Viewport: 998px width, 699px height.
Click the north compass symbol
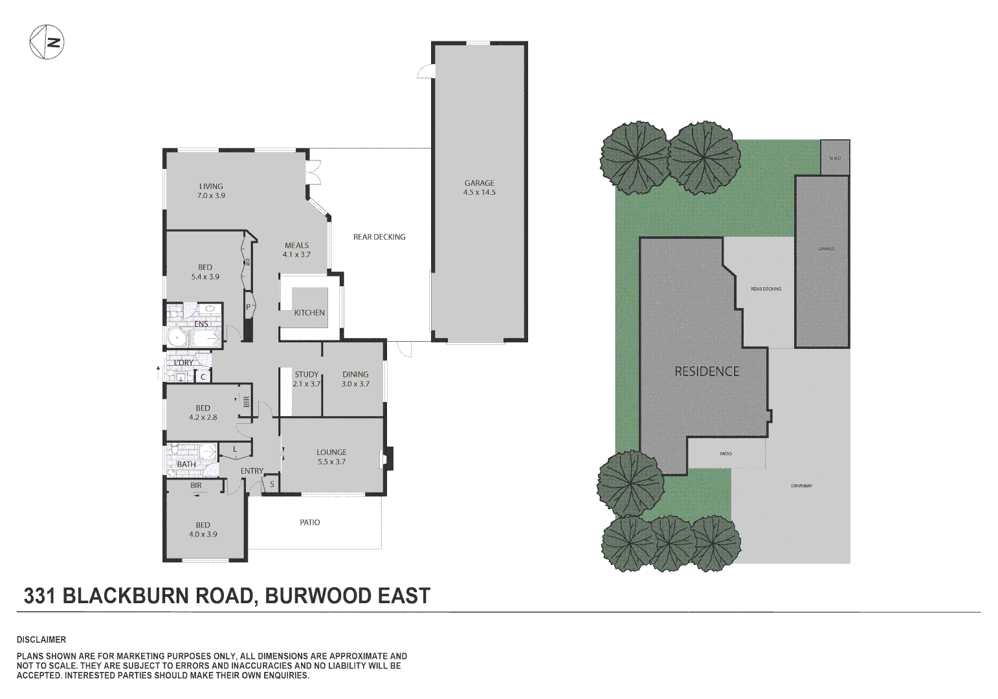47,42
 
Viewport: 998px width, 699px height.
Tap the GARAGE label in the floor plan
479,188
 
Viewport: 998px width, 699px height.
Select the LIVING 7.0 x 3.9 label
211,191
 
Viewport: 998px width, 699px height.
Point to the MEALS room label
296,250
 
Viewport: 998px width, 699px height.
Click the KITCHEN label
309,313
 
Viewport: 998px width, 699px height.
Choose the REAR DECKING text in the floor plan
379,237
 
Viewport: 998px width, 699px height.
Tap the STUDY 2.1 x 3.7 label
306,379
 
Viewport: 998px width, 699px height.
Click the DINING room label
355,379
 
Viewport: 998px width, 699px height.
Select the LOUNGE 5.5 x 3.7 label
331,457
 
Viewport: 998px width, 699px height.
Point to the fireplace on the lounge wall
388,458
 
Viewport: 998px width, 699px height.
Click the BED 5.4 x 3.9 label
205,272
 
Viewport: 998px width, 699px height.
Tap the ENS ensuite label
201,324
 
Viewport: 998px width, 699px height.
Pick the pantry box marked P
248,307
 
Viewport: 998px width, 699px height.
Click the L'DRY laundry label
184,362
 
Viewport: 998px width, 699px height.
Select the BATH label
186,464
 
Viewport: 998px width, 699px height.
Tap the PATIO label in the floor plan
310,522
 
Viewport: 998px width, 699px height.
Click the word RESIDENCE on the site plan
707,372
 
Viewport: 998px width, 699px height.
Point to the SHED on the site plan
835,157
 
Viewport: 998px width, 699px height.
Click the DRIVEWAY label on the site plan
801,486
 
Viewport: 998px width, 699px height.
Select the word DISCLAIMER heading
41,639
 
